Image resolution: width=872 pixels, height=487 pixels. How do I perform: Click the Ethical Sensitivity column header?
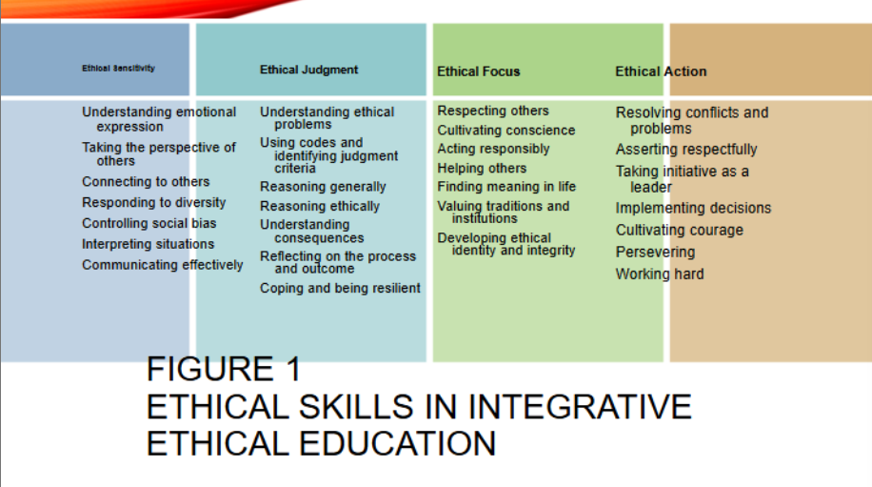118,69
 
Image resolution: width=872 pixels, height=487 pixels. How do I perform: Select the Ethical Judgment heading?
308,70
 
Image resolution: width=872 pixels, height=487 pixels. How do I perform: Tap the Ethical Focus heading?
478,71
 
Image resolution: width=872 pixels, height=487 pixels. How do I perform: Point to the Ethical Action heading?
661,71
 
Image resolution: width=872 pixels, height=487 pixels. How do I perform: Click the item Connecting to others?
146,182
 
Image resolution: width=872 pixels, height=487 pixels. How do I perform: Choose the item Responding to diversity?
153,202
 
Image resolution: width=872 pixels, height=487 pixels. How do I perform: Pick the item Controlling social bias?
149,223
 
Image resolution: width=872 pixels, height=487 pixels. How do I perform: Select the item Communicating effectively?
162,265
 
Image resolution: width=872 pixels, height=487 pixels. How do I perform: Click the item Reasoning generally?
323,187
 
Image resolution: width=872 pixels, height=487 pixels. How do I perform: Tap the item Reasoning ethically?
320,206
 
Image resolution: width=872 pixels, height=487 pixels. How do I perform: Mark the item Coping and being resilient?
340,288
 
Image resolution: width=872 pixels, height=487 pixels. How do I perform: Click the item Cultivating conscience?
505,130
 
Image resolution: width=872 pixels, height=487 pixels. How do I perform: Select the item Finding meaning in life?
506,187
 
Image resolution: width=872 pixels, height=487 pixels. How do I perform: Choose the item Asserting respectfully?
686,150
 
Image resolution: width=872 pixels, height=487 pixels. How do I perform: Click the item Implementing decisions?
693,208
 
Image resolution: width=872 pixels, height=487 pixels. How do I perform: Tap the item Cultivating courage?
679,230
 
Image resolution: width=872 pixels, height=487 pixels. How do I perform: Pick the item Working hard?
660,274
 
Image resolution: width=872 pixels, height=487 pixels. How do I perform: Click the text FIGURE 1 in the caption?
224,369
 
